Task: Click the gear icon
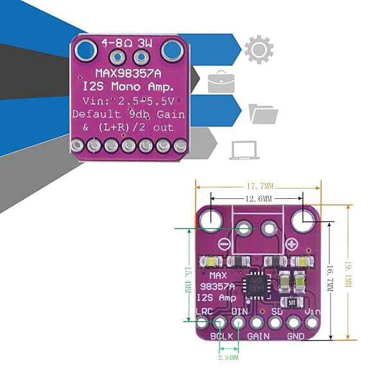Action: (x=260, y=49)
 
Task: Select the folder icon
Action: (x=263, y=114)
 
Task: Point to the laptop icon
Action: (x=243, y=149)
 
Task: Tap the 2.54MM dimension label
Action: (x=229, y=357)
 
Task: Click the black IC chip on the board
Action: (x=255, y=287)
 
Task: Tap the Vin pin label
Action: (x=312, y=311)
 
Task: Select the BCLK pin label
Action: (x=221, y=335)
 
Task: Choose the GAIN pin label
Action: (x=258, y=335)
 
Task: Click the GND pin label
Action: (x=296, y=335)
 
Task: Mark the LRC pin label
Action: (x=203, y=312)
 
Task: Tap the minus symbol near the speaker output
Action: (x=223, y=244)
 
